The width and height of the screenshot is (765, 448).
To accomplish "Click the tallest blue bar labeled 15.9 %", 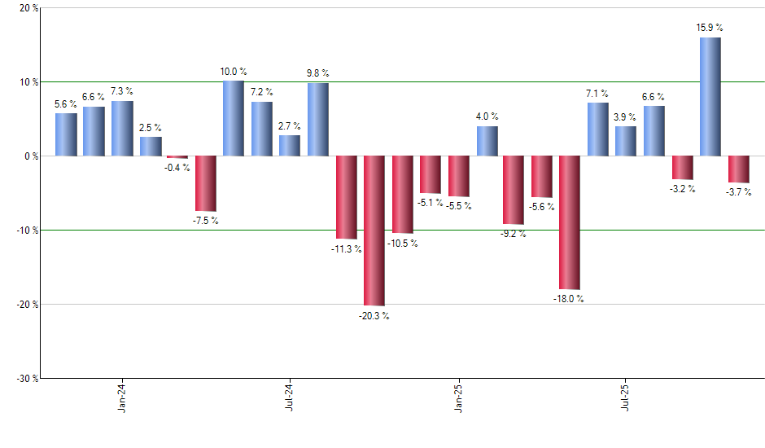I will [710, 96].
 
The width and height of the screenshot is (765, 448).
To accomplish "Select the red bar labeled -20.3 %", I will [374, 231].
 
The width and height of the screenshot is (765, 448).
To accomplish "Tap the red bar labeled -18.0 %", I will [570, 222].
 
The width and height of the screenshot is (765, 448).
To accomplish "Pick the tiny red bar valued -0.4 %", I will [177, 156].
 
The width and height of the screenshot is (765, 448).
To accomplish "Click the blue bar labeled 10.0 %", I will [234, 118].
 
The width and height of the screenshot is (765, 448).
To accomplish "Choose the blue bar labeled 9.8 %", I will [317, 119].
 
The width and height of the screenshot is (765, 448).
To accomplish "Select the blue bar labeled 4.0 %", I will [487, 141].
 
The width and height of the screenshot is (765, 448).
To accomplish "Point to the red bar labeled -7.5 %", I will [205, 183].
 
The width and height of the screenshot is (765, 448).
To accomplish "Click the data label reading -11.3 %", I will [345, 249].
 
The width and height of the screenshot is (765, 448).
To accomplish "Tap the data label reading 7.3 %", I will [122, 91].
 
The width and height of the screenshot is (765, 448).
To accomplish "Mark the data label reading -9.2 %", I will [513, 234].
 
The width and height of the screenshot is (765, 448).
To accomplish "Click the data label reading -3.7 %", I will [738, 192].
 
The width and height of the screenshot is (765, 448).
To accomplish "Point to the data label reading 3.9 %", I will [625, 116].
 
